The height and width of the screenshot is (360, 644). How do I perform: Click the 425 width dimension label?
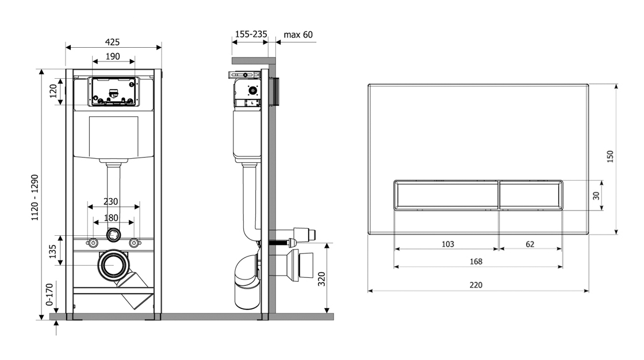point(112,42)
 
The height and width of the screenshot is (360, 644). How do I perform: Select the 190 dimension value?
point(113,56)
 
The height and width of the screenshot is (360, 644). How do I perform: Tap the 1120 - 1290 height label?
point(35,197)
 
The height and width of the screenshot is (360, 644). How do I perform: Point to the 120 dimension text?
point(53,91)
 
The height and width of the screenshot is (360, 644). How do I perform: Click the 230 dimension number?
point(110,201)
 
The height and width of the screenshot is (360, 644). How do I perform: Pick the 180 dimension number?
point(111,217)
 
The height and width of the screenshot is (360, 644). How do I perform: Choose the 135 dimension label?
point(53,251)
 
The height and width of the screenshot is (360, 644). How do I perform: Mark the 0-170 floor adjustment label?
point(49,294)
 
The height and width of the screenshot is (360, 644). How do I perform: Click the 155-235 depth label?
point(251,34)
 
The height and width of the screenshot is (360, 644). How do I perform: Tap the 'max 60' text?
point(298,35)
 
